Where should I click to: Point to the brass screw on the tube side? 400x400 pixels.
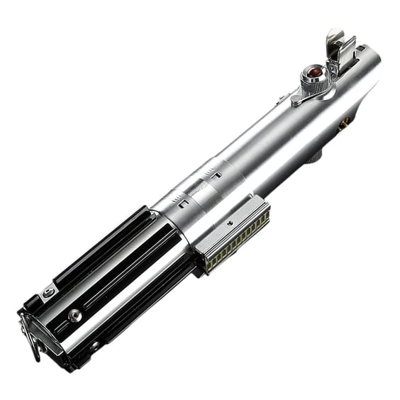click(345, 123)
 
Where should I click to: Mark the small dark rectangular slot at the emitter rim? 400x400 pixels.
click(361, 49)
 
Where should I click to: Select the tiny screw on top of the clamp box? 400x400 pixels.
click(230, 221)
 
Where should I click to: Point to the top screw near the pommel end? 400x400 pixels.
click(48, 292)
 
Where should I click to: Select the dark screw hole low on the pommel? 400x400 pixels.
click(94, 345)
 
